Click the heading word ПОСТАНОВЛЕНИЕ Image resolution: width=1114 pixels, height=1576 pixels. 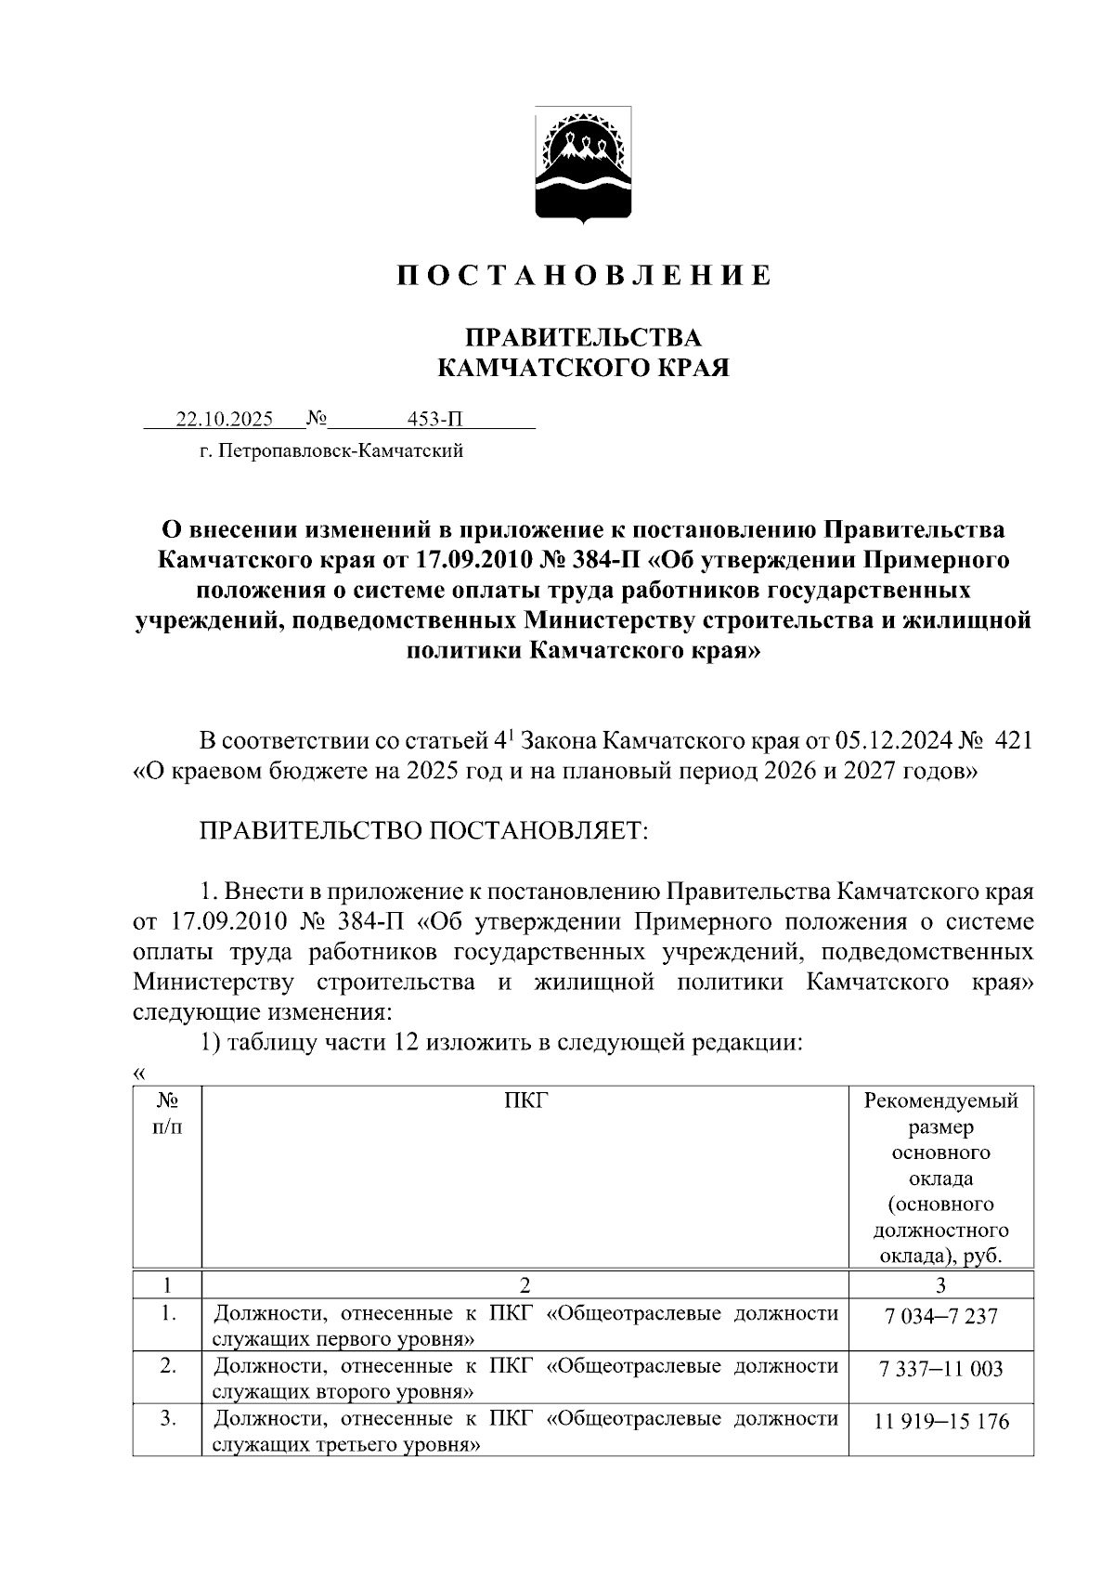(x=584, y=276)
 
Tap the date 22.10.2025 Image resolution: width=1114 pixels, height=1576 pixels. (x=225, y=420)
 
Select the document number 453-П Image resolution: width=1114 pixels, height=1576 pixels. (x=434, y=420)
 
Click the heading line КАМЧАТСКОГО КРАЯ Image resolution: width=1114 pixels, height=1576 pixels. (x=583, y=369)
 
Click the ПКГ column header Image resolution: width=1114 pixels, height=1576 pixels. (x=525, y=1101)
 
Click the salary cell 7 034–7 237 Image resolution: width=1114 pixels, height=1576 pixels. (x=940, y=1316)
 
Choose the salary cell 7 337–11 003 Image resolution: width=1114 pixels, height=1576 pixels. (x=940, y=1369)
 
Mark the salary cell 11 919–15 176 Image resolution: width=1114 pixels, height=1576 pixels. (x=940, y=1422)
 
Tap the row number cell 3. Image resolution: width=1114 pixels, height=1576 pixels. (x=167, y=1420)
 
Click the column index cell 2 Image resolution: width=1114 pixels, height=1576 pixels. (x=525, y=1285)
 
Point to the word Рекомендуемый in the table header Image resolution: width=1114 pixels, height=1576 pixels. (x=940, y=1101)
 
